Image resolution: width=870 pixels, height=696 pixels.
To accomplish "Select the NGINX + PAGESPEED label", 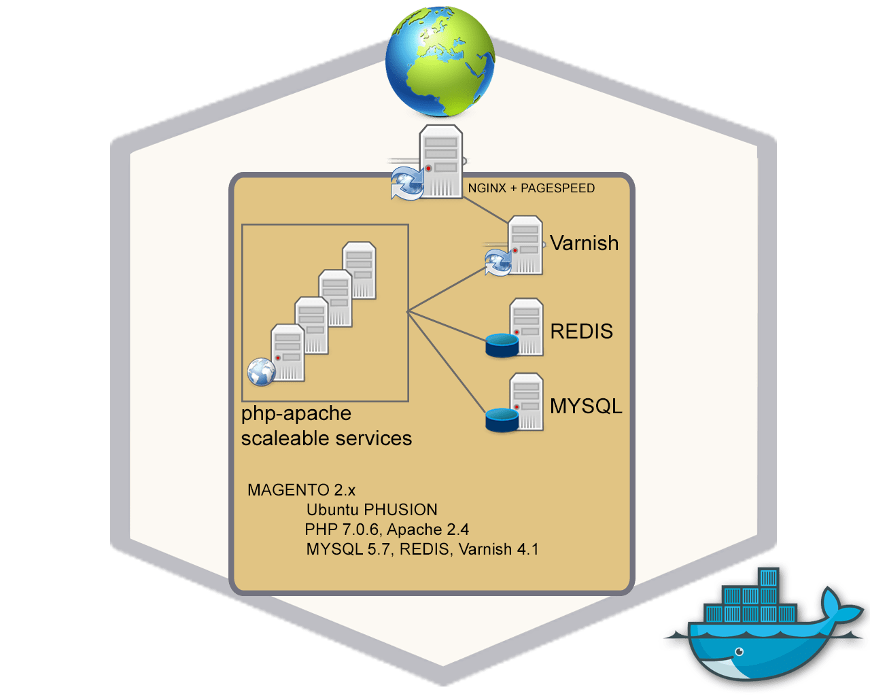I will pyautogui.click(x=531, y=188).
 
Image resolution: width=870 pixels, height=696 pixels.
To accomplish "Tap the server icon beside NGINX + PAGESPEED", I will pyautogui.click(x=441, y=162).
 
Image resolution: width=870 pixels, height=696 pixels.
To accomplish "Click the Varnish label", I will pyautogui.click(x=585, y=243).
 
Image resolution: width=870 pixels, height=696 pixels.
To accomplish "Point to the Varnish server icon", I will pyautogui.click(x=525, y=245).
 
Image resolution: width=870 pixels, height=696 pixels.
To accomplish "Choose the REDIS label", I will pyautogui.click(x=581, y=331).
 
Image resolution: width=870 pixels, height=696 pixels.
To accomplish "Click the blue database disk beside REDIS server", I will pyautogui.click(x=502, y=345).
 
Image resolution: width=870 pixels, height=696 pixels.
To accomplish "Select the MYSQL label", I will pyautogui.click(x=586, y=406).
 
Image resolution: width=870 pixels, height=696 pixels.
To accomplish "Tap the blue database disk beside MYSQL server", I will pyautogui.click(x=502, y=420).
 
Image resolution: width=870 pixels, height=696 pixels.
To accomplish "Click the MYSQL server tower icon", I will pyautogui.click(x=527, y=401).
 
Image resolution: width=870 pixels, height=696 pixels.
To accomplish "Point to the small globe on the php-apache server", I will pyautogui.click(x=261, y=372).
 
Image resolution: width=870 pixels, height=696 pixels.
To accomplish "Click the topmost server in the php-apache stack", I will pyautogui.click(x=360, y=270).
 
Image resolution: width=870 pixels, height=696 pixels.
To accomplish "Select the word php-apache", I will pyautogui.click(x=296, y=413).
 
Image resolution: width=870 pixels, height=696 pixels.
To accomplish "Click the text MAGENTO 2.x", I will pyautogui.click(x=301, y=490).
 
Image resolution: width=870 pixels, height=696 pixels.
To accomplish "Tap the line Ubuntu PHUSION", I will pyautogui.click(x=372, y=510).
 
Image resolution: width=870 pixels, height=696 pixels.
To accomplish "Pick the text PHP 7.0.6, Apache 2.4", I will pyautogui.click(x=387, y=529).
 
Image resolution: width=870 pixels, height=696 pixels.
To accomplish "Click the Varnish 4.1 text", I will pyautogui.click(x=498, y=549).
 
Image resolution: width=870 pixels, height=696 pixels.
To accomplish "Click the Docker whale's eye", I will pyautogui.click(x=739, y=652).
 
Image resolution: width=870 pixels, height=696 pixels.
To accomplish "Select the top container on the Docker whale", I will pyautogui.click(x=768, y=578).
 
